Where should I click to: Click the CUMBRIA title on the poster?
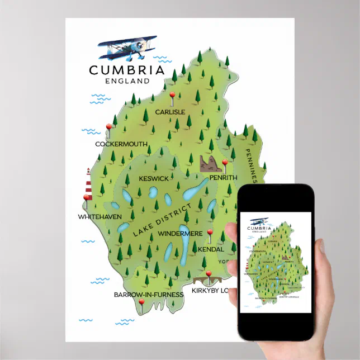(127, 70)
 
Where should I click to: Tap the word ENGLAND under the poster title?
(127, 80)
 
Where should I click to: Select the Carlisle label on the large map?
(170, 112)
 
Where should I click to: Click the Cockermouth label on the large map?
(121, 144)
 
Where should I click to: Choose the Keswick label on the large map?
(153, 178)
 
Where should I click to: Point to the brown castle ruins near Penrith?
(208, 164)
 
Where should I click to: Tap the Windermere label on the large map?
(180, 233)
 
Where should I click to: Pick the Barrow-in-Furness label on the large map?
(149, 294)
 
